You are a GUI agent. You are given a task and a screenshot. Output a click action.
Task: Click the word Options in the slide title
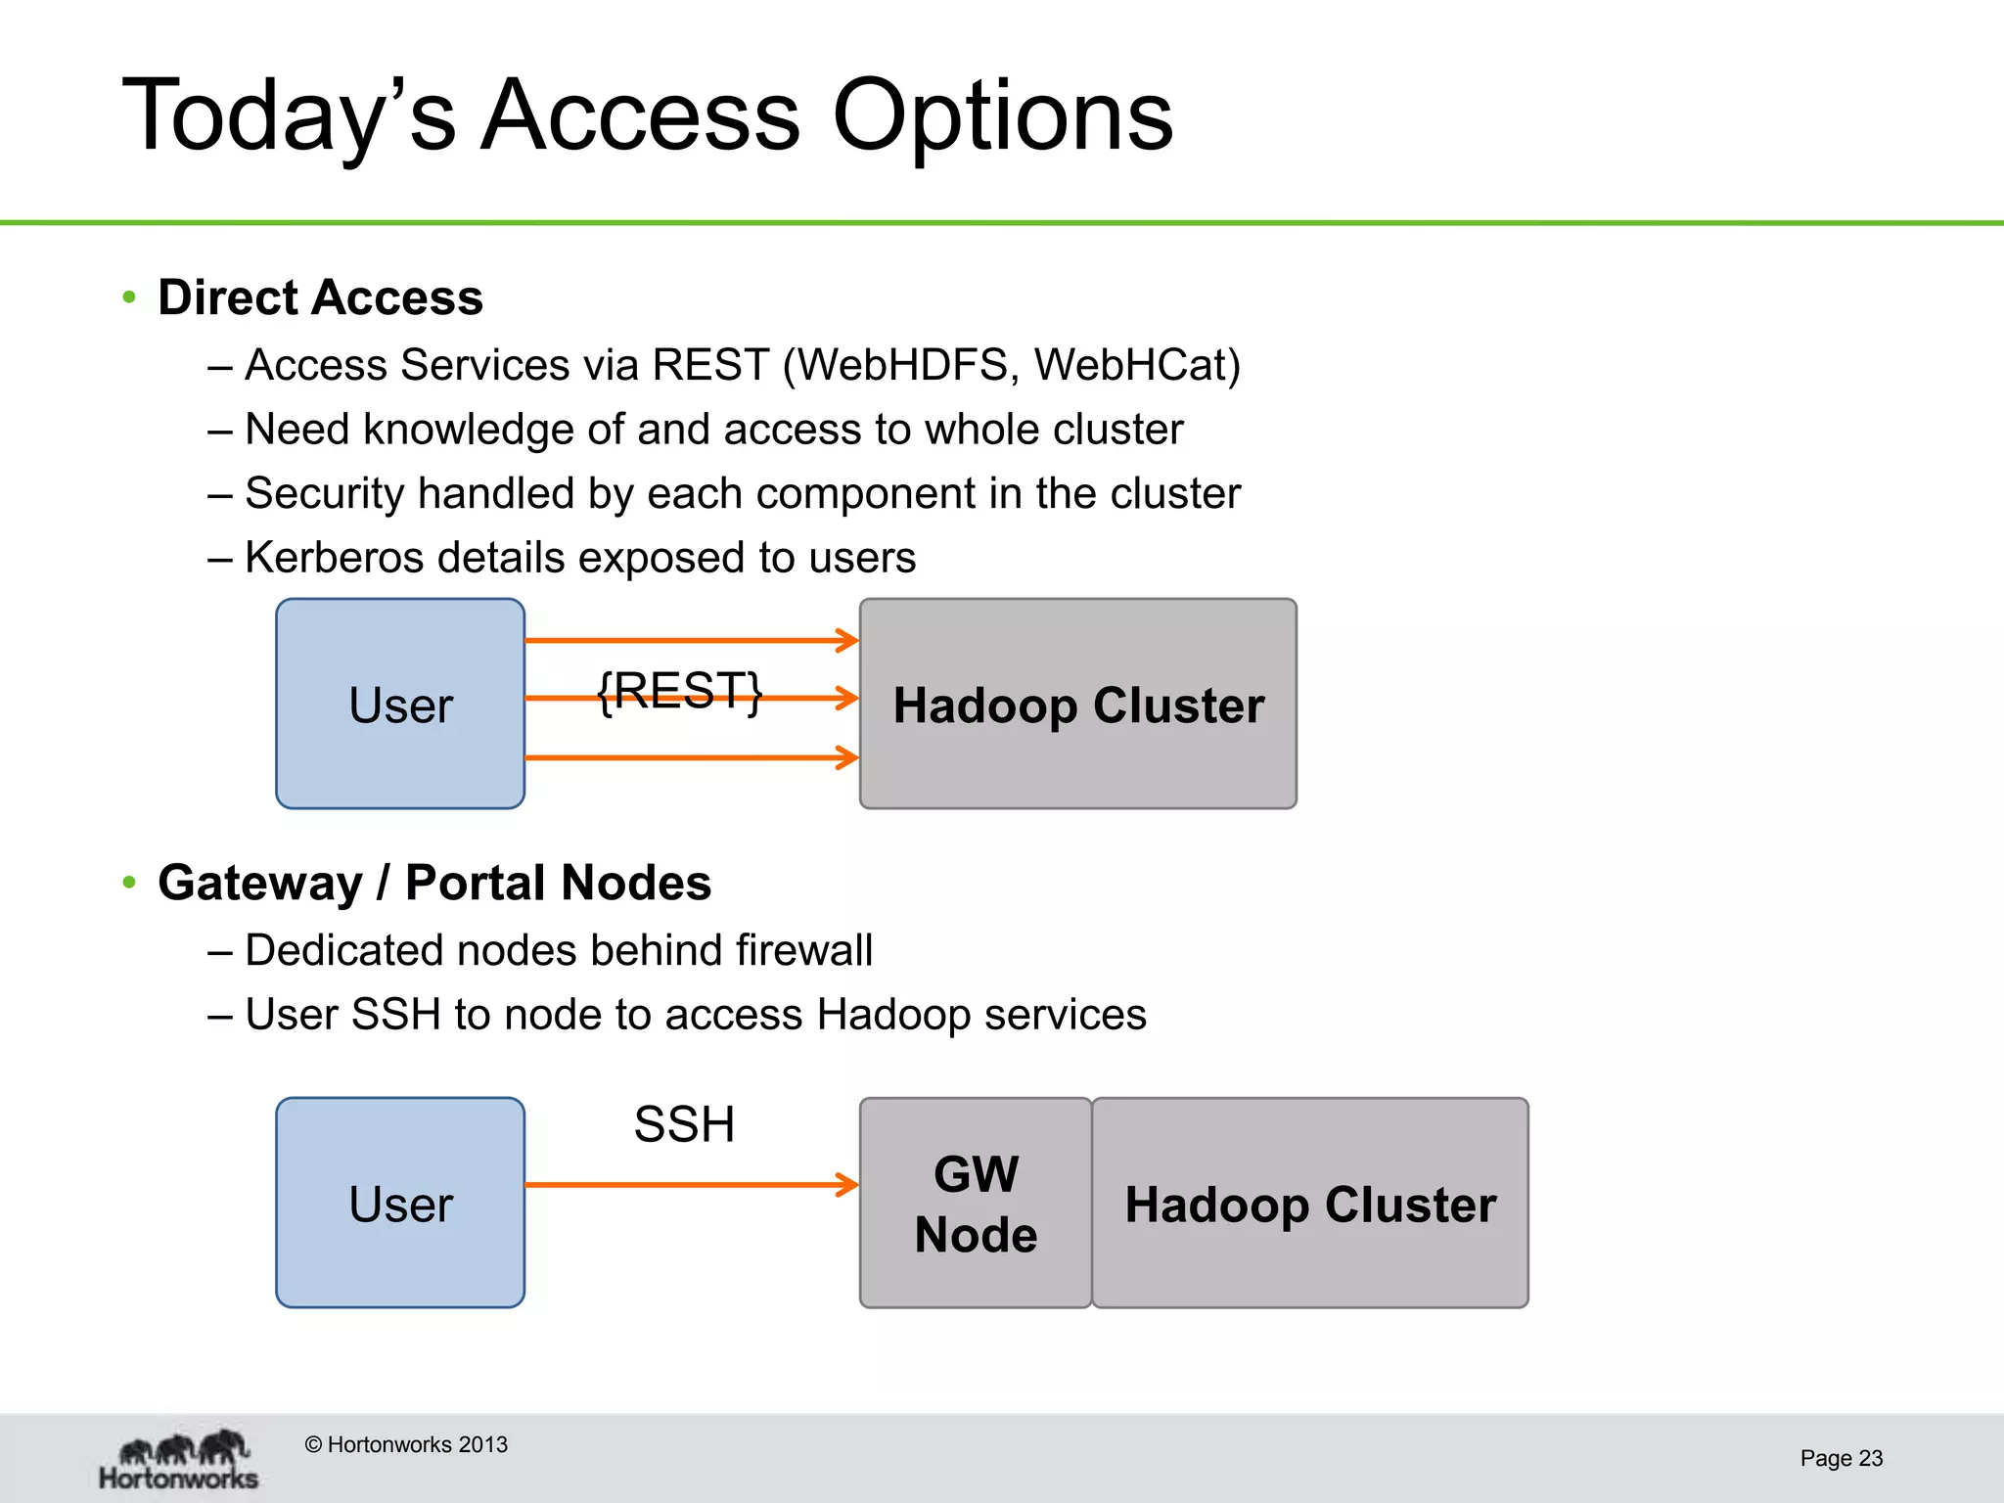[x=1002, y=117]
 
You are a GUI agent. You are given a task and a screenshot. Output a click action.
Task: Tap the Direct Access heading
[x=320, y=297]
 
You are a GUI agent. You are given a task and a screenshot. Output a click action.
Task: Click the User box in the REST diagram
[x=400, y=704]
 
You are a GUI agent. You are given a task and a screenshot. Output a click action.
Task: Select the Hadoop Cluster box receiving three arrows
[x=1077, y=704]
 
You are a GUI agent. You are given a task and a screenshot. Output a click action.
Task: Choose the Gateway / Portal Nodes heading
[x=434, y=883]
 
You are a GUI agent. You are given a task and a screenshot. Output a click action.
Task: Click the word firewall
[x=803, y=950]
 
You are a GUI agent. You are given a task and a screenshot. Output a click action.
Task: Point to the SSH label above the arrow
[x=684, y=1124]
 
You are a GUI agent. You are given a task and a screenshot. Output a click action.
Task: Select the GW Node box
[x=976, y=1203]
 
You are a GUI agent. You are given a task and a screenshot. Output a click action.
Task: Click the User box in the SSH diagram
[x=400, y=1203]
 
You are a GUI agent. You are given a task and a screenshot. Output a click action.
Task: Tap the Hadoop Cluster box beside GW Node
[x=1309, y=1203]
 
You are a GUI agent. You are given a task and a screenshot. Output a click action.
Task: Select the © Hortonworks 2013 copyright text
[x=406, y=1444]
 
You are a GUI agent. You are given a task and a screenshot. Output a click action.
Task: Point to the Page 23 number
[x=1841, y=1458]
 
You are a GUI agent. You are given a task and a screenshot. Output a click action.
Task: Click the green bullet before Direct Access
[x=129, y=296]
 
